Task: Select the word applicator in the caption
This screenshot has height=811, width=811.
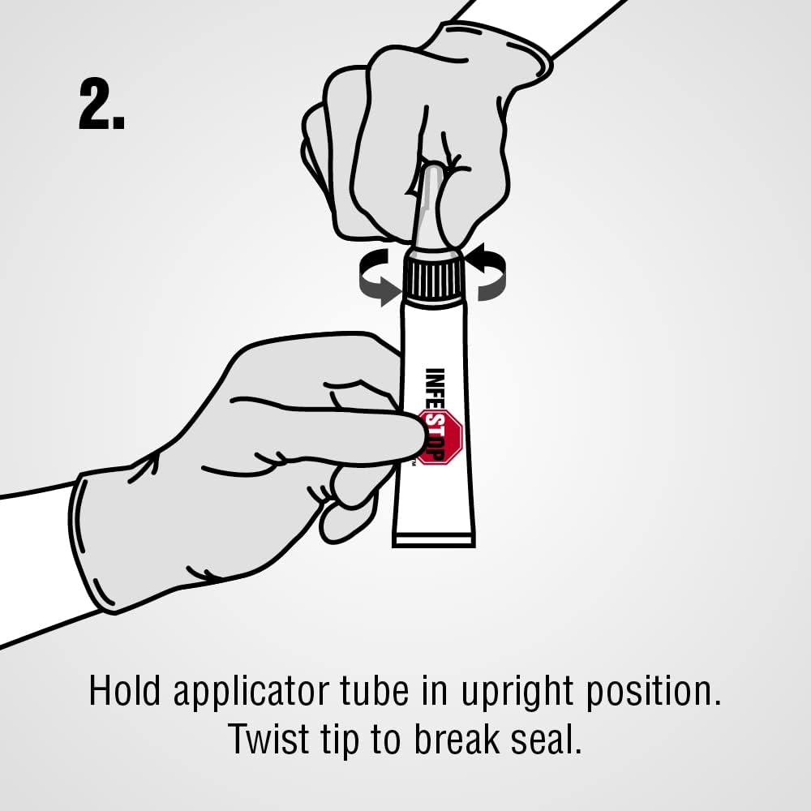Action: coord(251,693)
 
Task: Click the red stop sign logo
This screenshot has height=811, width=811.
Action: coord(440,436)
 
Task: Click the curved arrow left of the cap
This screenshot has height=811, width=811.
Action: coord(380,277)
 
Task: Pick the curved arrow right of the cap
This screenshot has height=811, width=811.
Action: coord(486,272)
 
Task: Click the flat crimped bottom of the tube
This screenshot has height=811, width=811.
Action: coord(433,540)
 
